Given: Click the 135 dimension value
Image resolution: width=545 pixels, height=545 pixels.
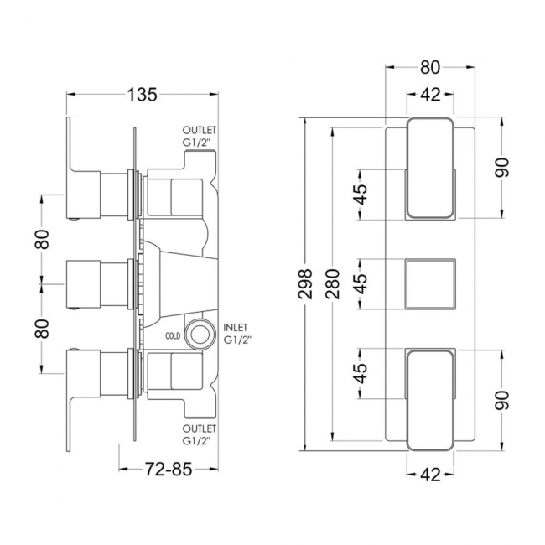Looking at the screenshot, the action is [143, 95].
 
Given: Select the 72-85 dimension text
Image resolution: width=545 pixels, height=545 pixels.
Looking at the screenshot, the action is [169, 470].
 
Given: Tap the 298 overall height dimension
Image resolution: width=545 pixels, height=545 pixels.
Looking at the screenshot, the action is [305, 284].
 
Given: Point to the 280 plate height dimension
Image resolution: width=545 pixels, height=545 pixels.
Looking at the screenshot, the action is [333, 284].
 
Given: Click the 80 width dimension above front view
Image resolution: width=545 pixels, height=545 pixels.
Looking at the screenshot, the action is [430, 67].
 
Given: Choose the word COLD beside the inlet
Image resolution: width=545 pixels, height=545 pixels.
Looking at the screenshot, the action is [173, 336].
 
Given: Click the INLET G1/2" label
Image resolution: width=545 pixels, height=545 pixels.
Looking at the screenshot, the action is [237, 334].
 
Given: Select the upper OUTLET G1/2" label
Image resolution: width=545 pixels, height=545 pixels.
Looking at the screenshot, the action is [200, 137].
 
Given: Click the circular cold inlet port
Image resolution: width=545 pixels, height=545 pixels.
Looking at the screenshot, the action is [200, 334].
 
